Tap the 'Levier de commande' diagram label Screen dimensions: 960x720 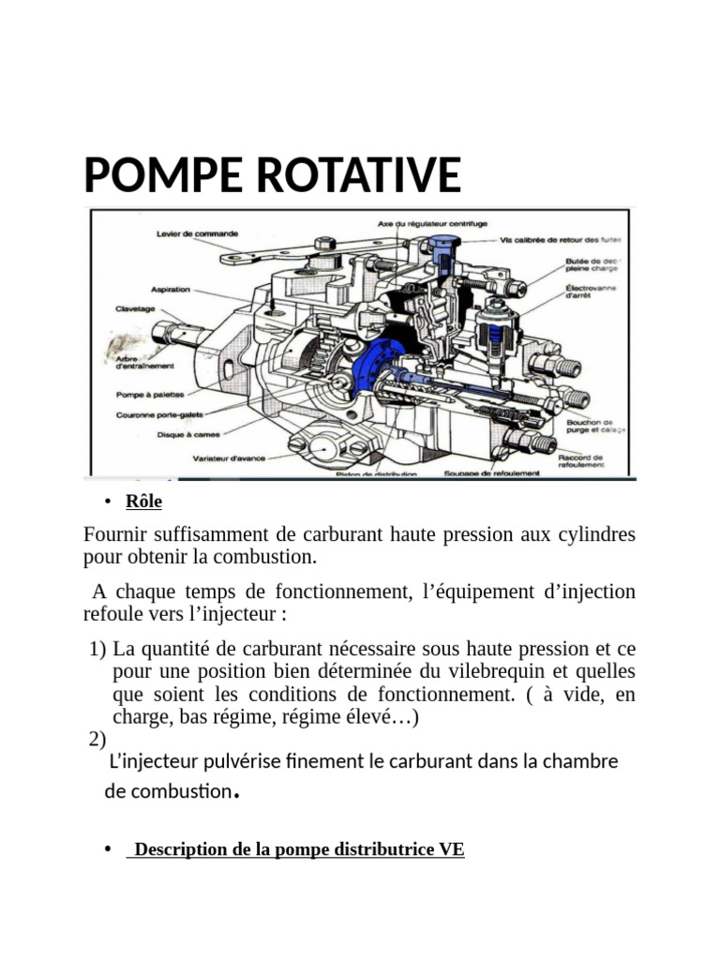197,233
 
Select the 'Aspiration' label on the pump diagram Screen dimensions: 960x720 170,290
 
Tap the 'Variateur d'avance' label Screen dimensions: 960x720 229,458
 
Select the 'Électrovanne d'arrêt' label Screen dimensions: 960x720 591,292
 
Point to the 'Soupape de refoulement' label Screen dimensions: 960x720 492,473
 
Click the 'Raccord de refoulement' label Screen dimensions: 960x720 581,459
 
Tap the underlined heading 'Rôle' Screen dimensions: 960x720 144,502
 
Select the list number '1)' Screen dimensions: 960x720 98,649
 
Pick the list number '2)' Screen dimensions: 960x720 98,740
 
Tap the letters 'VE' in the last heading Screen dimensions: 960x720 451,850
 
